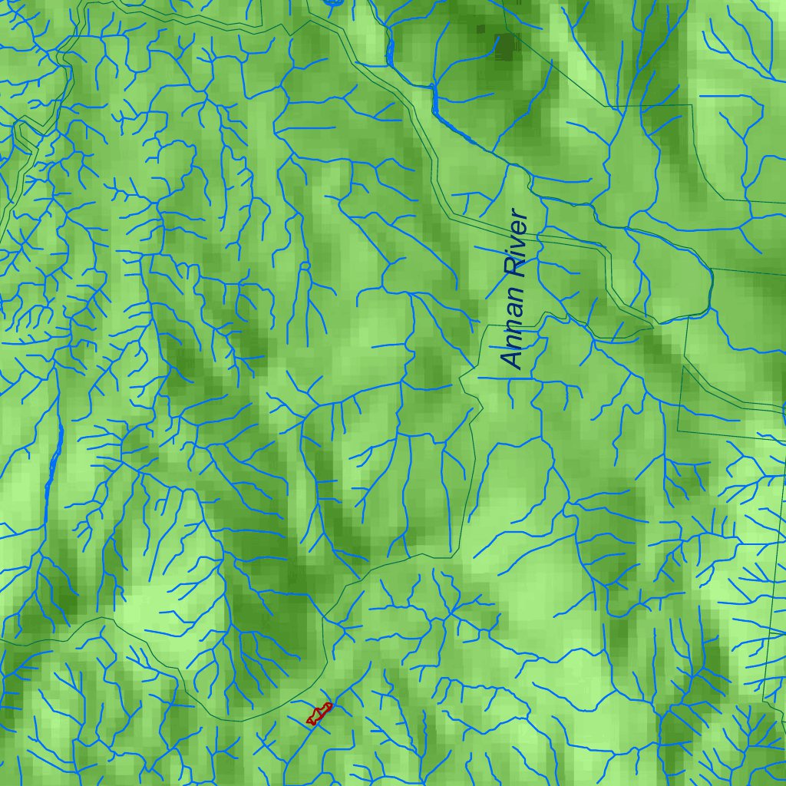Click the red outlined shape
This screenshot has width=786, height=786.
319,715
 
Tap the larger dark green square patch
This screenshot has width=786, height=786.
507,47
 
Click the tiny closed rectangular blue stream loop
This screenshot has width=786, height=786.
305,266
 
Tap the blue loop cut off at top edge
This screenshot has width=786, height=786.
332,3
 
